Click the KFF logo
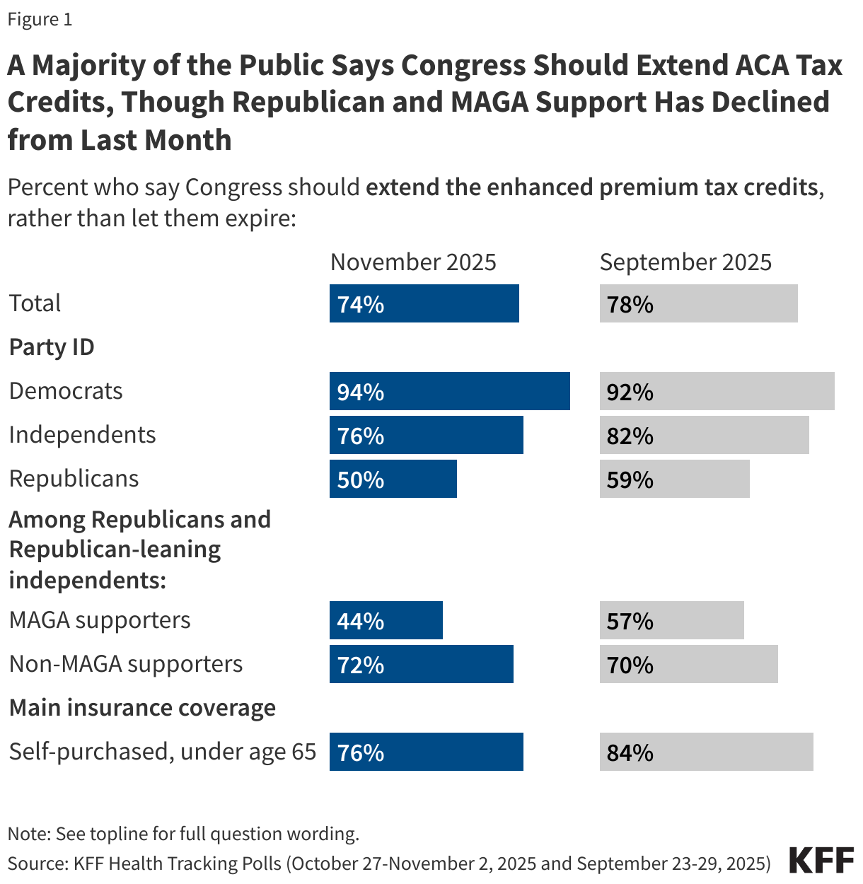(821, 861)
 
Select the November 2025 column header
(413, 262)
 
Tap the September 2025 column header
(685, 262)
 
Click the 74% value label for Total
(361, 304)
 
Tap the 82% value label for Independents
(630, 436)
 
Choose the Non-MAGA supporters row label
(126, 664)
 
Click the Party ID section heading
(52, 347)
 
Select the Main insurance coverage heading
(142, 708)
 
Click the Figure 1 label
(40, 19)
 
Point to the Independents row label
(82, 435)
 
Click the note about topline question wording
(183, 834)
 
